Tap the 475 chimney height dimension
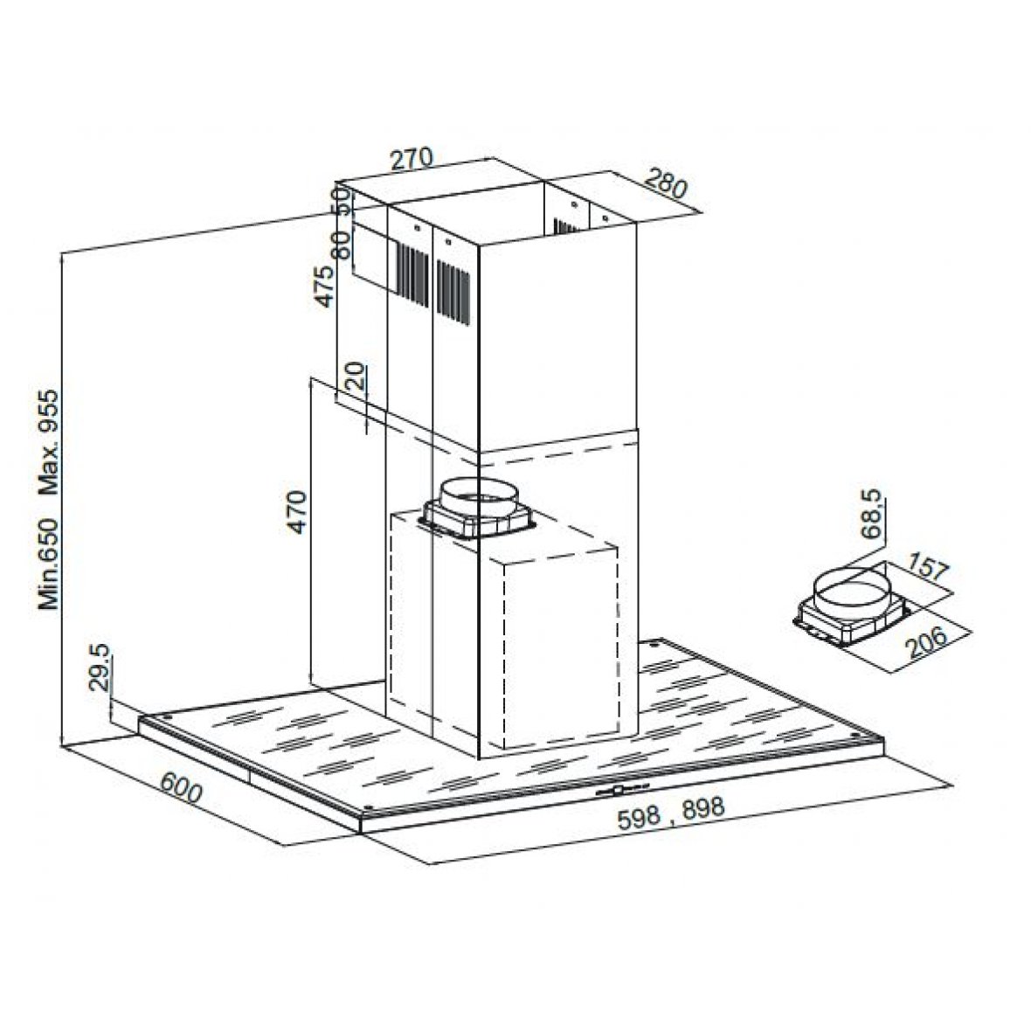tap(324, 286)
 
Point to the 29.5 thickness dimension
tap(99, 668)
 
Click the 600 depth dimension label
tap(181, 787)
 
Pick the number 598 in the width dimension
tap(639, 817)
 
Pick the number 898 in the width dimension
tap(702, 808)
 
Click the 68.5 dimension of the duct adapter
tap(872, 514)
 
